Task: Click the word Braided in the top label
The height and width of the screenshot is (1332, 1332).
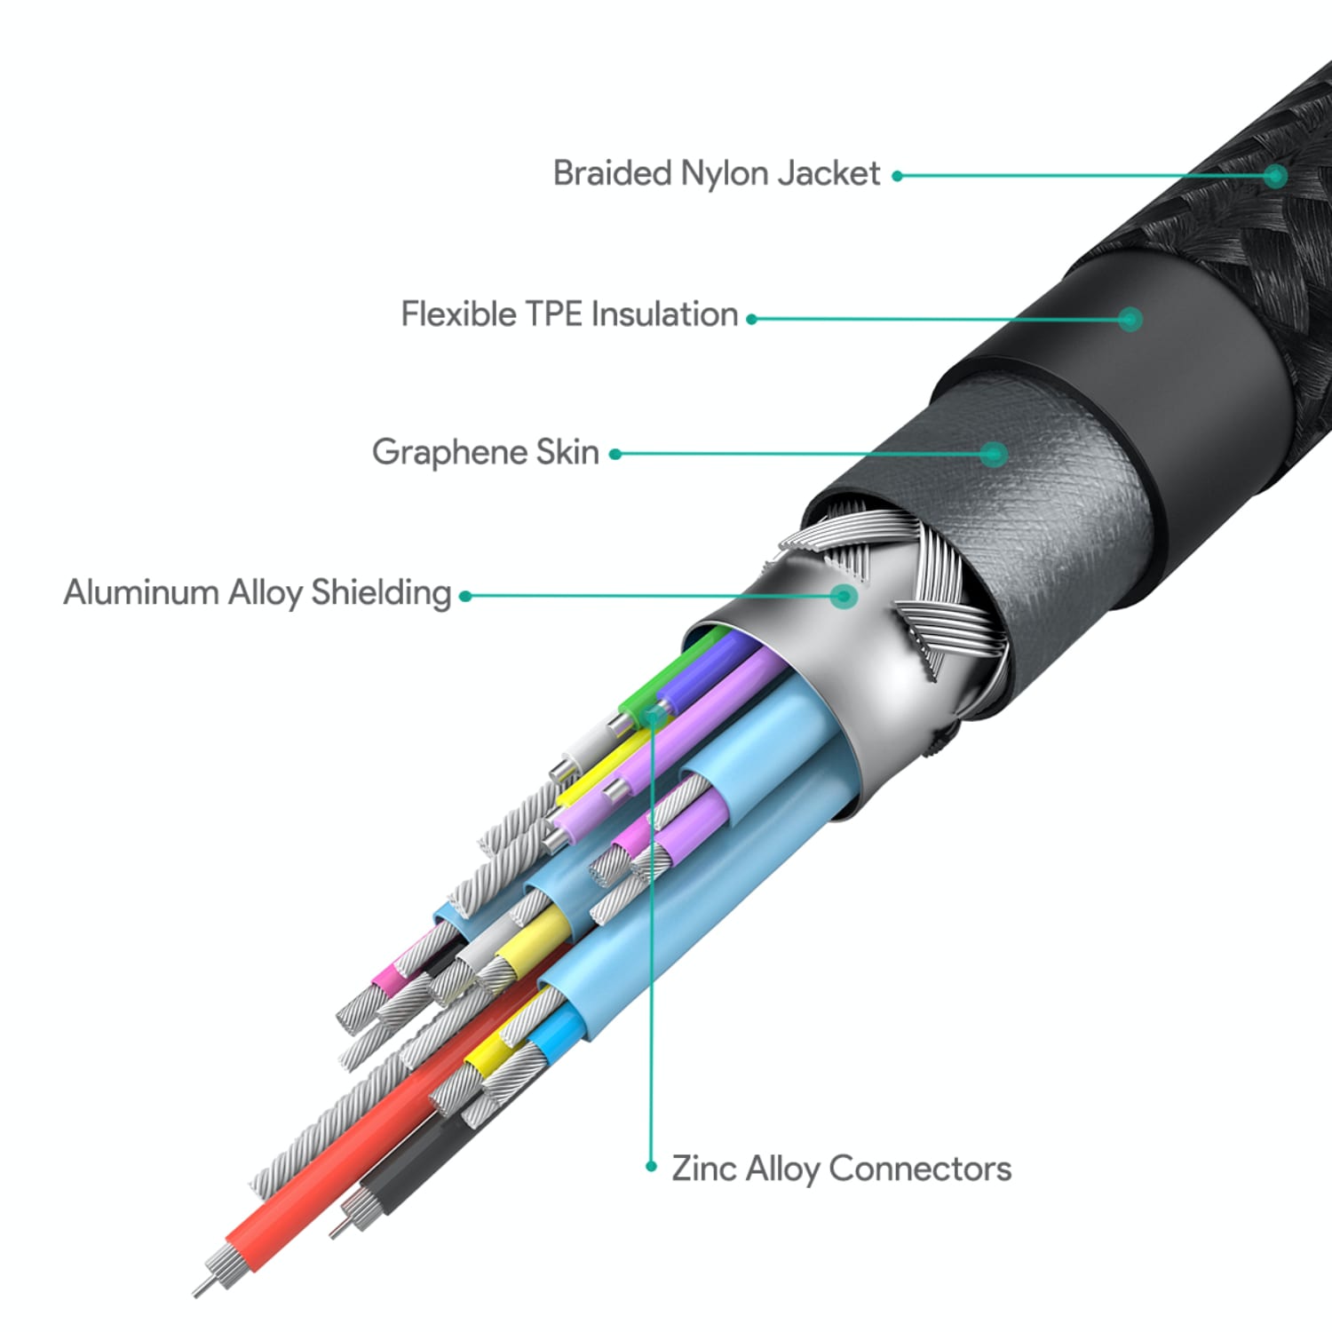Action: click(611, 173)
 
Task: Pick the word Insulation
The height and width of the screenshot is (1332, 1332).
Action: click(664, 313)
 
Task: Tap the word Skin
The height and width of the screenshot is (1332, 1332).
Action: click(567, 452)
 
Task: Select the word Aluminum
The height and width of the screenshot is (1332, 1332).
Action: click(140, 592)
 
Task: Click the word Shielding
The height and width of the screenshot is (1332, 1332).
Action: click(381, 593)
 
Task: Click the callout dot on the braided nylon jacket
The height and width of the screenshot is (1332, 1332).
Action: click(1275, 176)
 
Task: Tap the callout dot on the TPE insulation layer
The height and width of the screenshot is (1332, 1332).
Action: click(1130, 319)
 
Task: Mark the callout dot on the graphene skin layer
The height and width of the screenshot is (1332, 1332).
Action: click(995, 454)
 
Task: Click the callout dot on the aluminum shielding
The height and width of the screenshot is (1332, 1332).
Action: click(844, 595)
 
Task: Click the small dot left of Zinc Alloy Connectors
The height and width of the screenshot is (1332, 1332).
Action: click(651, 1167)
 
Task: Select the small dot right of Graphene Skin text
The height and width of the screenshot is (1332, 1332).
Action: click(614, 454)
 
